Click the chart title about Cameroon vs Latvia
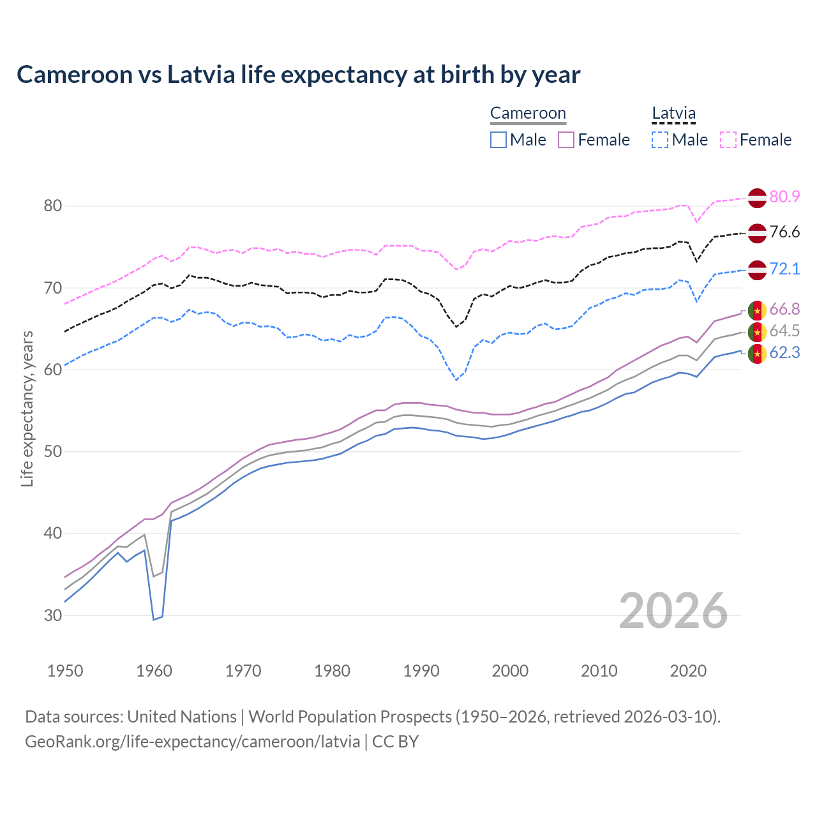tap(298, 75)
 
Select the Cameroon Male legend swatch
tap(498, 140)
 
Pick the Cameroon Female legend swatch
tap(567, 140)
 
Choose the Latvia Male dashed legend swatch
tap(660, 140)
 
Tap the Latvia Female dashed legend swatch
tap(728, 140)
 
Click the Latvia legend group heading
tap(673, 113)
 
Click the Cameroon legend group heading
tap(528, 113)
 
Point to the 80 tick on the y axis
tap(53, 206)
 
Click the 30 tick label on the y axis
tap(53, 615)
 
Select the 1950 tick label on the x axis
tap(65, 671)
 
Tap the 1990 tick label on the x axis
tap(421, 671)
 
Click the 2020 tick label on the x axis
tap(689, 671)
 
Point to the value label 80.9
tap(784, 197)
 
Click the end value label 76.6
tap(784, 232)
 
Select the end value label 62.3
tap(784, 352)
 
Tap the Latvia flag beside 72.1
tap(757, 269)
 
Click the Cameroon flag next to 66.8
tap(757, 310)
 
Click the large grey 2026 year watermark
tap(673, 611)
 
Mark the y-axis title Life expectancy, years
tap(27, 408)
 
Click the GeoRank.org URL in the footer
tap(192, 742)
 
